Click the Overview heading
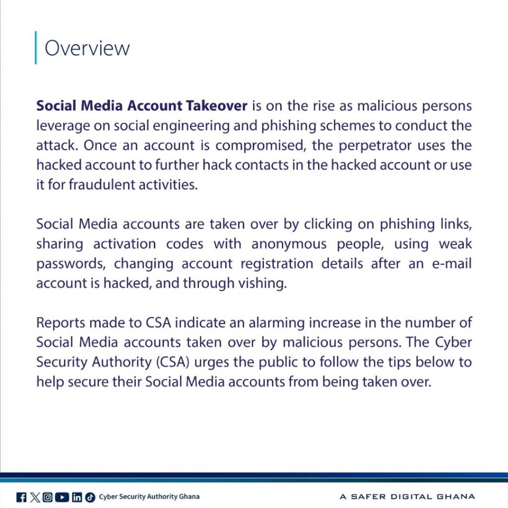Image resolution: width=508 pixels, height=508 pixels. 87,48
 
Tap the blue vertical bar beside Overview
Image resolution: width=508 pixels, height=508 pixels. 36,48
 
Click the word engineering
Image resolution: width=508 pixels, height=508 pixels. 177,126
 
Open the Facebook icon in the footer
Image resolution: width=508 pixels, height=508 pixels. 21,497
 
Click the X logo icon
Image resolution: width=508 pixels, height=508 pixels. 34,497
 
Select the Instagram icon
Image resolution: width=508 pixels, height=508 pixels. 48,497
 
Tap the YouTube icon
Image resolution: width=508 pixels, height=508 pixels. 62,497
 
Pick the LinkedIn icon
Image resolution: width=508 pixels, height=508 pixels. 76,497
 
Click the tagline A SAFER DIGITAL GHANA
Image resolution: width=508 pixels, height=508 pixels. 407,497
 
